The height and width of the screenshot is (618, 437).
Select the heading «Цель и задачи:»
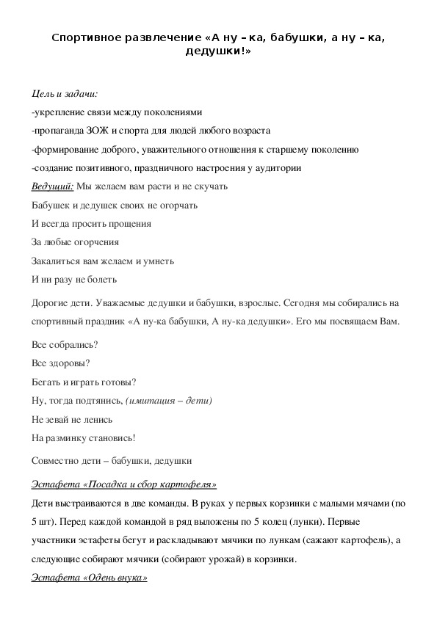tap(65, 94)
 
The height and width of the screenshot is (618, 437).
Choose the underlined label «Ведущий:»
tap(53, 186)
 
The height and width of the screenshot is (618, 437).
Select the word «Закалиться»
tap(57, 261)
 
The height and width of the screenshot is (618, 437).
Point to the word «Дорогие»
tap(51, 303)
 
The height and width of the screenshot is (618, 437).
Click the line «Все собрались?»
tap(66, 345)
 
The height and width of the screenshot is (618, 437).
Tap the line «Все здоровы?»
tap(62, 363)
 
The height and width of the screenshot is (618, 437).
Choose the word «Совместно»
tap(57, 461)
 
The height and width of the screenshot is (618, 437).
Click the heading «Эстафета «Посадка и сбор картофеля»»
tap(124, 485)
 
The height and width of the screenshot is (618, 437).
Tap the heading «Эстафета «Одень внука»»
tap(90, 578)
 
